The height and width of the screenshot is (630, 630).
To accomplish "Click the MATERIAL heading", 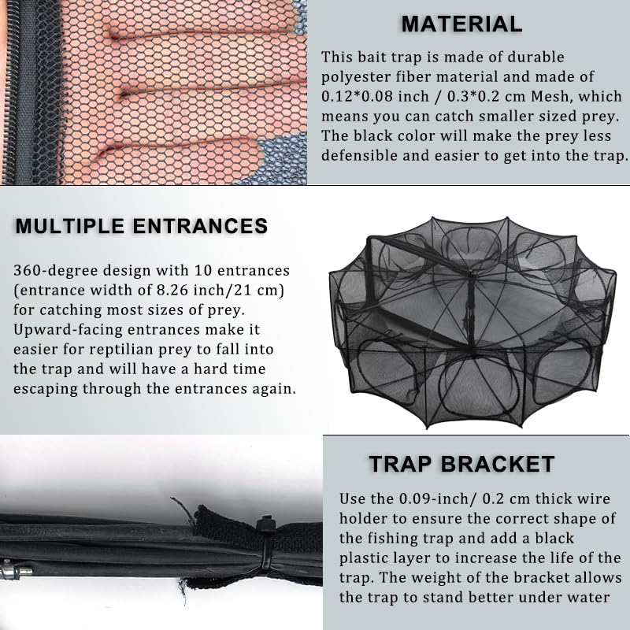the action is [461, 24].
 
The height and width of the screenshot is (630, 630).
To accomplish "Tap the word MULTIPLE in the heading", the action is [69, 226].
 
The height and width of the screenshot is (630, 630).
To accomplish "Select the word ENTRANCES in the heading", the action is [200, 226].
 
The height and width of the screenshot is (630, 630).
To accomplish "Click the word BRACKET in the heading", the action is [498, 464].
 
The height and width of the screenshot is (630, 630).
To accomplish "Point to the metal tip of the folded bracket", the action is [15, 569].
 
